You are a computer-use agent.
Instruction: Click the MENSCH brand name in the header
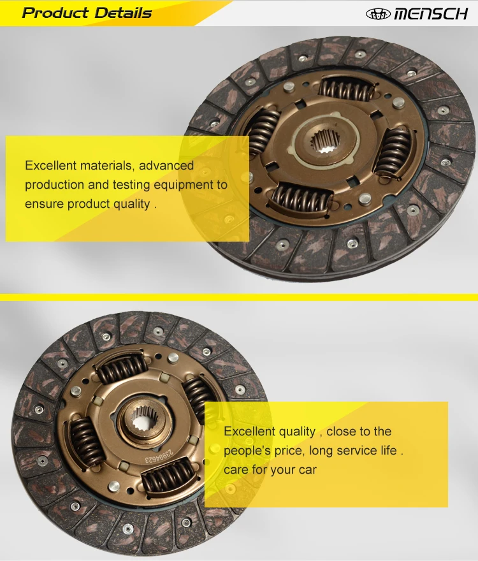(431, 13)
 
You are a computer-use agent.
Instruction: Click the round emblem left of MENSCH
(378, 13)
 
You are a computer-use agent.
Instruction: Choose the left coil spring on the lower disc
(85, 441)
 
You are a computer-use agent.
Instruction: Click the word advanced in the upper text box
(166, 166)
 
